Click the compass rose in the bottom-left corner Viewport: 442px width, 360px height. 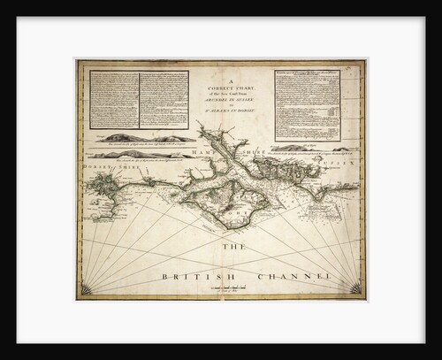87,290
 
